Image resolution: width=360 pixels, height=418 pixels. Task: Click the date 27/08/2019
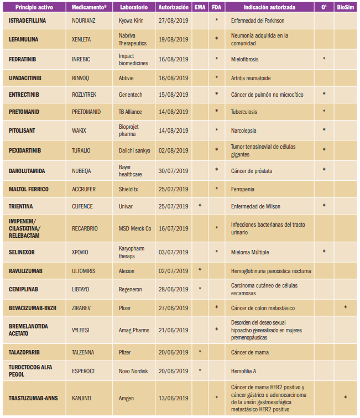pyautogui.click(x=174, y=20)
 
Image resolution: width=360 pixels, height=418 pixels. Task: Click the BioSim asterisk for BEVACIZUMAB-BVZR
pyautogui.click(x=346, y=307)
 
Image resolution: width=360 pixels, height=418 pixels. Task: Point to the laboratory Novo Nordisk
pyautogui.click(x=135, y=372)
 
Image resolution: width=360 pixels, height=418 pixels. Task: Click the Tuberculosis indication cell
pyautogui.click(x=246, y=112)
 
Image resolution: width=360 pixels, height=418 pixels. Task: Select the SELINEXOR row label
pyautogui.click(x=25, y=252)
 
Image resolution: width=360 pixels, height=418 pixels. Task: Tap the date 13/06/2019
pyautogui.click(x=174, y=398)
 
